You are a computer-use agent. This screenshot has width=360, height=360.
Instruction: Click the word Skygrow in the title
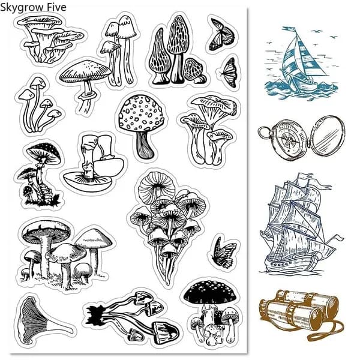[x=22, y=8]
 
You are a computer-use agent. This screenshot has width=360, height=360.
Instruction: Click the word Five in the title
[x=57, y=7]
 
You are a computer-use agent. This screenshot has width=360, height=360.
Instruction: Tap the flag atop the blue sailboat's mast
[x=290, y=29]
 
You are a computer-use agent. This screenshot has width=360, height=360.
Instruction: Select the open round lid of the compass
[x=328, y=134]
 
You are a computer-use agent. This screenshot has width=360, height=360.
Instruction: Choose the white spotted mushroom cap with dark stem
[x=141, y=113]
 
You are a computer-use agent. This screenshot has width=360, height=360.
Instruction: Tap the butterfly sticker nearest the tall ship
[x=224, y=253]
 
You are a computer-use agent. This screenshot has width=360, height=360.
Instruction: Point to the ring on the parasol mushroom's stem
[x=88, y=95]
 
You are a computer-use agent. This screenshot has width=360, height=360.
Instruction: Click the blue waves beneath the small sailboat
[x=301, y=89]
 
